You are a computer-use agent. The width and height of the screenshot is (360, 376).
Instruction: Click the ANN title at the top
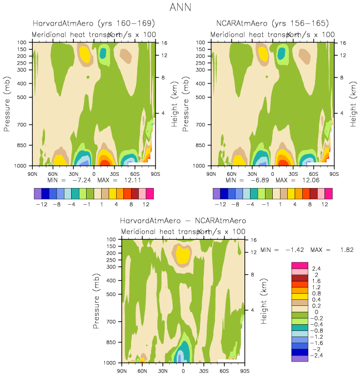pos(180,9)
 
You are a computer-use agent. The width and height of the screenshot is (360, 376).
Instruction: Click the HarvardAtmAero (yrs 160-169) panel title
pos(93,23)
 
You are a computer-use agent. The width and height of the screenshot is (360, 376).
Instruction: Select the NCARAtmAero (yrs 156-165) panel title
pos(272,23)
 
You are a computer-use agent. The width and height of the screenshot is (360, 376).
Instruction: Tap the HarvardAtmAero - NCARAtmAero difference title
pos(183,220)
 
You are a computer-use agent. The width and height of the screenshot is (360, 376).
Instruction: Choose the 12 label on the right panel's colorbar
pos(324,204)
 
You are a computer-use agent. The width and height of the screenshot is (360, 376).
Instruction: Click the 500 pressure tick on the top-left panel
pos(23,97)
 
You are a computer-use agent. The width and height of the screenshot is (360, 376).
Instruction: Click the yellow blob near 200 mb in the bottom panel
pos(182,254)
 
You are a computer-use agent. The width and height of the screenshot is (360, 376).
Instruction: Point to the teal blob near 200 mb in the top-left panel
pos(103,53)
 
